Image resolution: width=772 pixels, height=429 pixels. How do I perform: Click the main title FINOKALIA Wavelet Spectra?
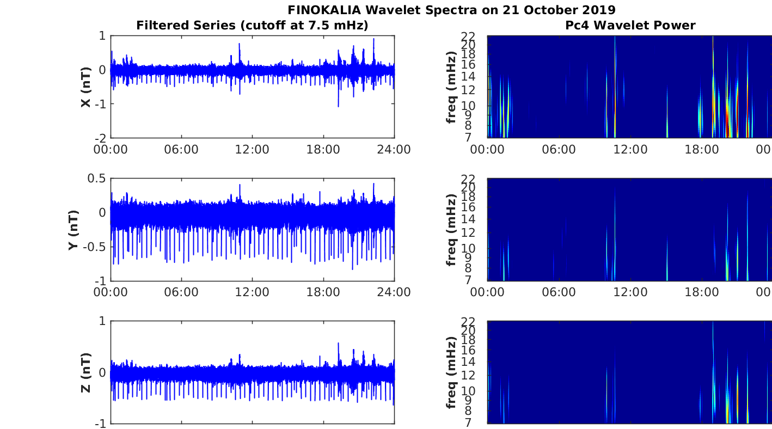click(x=451, y=10)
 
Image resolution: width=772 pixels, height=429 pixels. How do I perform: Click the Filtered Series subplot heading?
click(x=252, y=25)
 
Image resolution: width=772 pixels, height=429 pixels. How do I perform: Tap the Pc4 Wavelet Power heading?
click(x=630, y=25)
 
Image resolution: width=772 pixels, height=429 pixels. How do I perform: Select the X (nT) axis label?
click(x=85, y=87)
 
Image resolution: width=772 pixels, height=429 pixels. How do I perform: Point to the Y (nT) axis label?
click(x=72, y=230)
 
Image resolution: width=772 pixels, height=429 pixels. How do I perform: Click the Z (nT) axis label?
click(x=85, y=372)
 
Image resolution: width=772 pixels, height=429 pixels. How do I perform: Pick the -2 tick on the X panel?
click(x=101, y=138)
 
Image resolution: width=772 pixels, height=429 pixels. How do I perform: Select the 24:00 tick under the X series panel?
click(x=394, y=150)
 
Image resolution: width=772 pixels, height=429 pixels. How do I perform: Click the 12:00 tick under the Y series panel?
click(x=252, y=292)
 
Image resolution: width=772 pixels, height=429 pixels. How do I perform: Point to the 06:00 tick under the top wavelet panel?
click(x=559, y=150)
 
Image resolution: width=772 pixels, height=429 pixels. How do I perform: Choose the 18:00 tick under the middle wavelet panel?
click(x=702, y=292)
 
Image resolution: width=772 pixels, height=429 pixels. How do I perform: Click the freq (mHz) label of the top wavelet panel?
click(x=451, y=87)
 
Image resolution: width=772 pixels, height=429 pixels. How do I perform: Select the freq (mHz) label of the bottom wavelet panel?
click(x=451, y=372)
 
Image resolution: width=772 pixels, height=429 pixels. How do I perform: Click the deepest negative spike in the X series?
click(x=338, y=106)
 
